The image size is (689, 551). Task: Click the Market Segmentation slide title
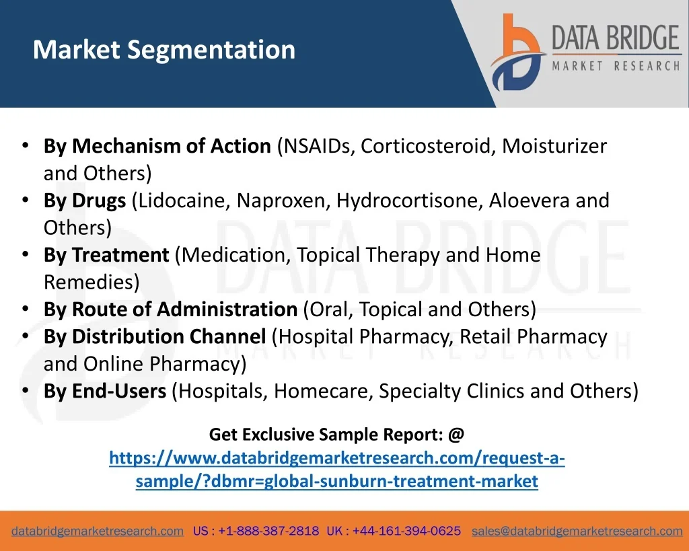164,50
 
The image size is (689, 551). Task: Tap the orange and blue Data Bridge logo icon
518,52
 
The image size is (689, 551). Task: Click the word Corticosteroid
425,146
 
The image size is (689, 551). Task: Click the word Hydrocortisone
410,200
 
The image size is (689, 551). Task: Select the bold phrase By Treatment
106,255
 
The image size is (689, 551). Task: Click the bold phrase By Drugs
85,200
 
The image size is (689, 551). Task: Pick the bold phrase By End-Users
105,391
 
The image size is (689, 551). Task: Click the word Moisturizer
554,146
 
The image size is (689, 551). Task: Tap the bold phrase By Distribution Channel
155,336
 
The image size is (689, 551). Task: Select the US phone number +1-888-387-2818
268,531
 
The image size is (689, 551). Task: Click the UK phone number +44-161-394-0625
406,531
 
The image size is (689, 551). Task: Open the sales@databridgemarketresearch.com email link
577,531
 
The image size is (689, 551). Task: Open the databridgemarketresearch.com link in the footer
98,531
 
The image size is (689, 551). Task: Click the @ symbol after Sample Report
456,435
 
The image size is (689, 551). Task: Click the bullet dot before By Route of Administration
26,309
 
